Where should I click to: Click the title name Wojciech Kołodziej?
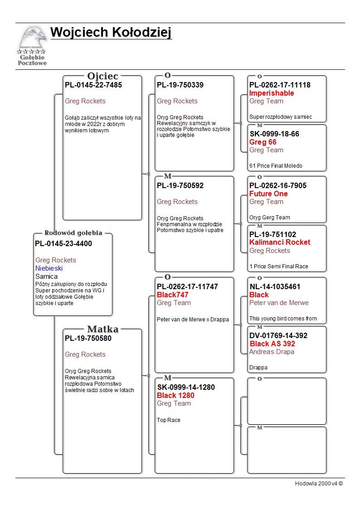111,33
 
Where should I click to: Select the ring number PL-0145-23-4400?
63,244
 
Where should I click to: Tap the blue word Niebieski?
49,268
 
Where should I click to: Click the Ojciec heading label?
103,76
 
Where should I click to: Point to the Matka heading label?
103,330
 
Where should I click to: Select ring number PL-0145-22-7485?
93,85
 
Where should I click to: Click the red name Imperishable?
272,93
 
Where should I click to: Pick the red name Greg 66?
263,142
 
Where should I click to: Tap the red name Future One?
268,194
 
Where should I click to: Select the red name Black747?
173,295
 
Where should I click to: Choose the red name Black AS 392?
272,344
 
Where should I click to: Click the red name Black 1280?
175,396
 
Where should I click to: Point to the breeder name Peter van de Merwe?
279,303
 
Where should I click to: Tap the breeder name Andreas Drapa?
272,352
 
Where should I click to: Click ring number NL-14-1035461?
275,287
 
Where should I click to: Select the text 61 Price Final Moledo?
276,166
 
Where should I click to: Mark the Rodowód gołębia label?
73,233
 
